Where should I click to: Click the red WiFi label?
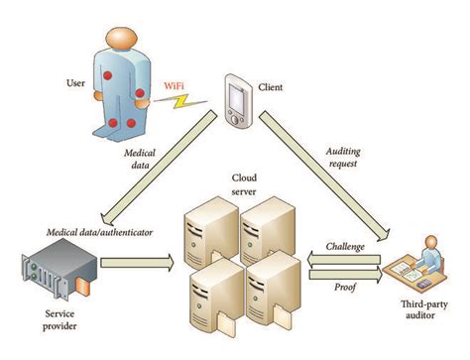click(172, 85)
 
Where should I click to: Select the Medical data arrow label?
click(139, 159)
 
